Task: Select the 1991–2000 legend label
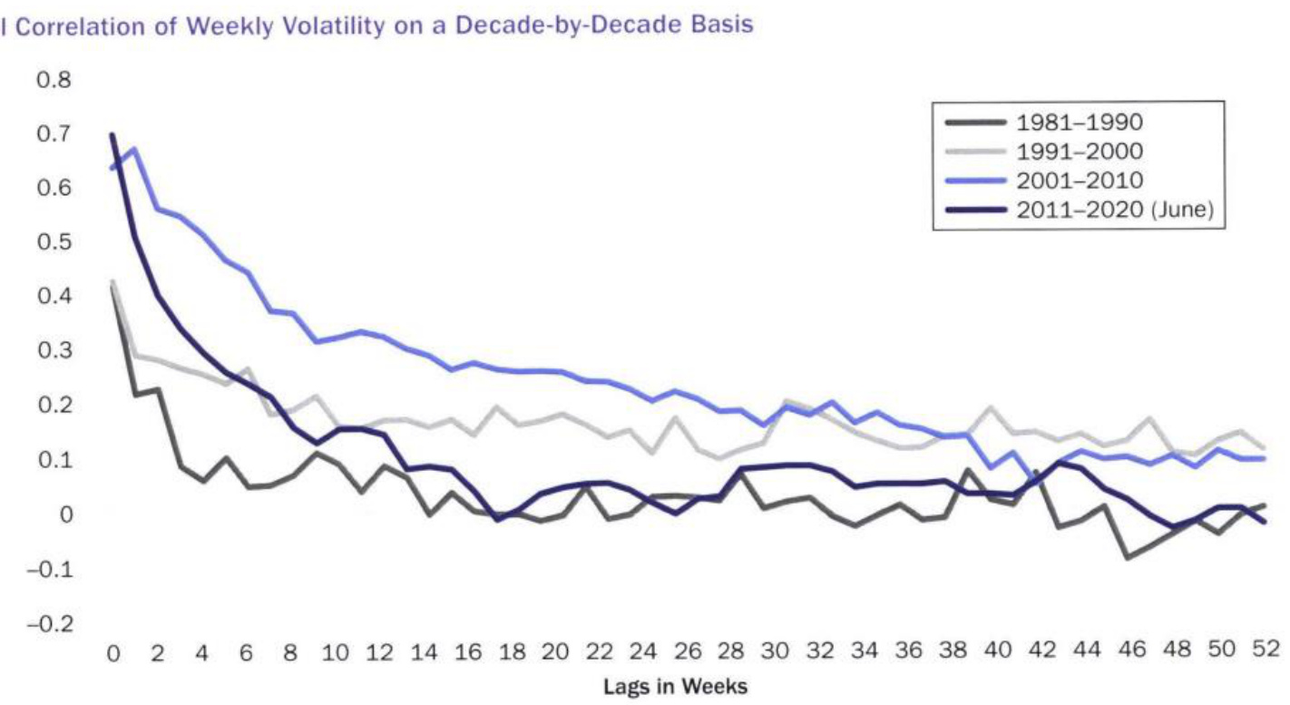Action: click(x=1078, y=152)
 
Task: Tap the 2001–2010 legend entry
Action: click(x=1078, y=181)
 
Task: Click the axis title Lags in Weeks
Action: click(x=676, y=687)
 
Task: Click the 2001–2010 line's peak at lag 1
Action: click(x=134, y=149)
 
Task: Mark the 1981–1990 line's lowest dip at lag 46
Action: click(x=1129, y=557)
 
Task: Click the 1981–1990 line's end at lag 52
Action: click(x=1263, y=505)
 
